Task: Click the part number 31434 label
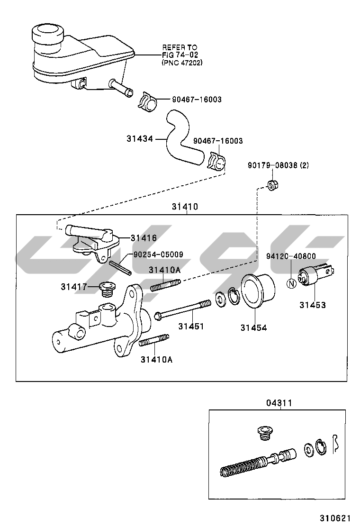click(x=140, y=139)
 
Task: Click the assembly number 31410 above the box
click(x=185, y=207)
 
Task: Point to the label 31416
click(x=144, y=238)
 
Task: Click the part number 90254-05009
click(x=158, y=254)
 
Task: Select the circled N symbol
click(x=292, y=284)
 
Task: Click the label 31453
click(x=312, y=305)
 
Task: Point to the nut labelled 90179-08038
click(x=272, y=184)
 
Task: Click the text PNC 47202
click(x=182, y=62)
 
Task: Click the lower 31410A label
click(x=156, y=359)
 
